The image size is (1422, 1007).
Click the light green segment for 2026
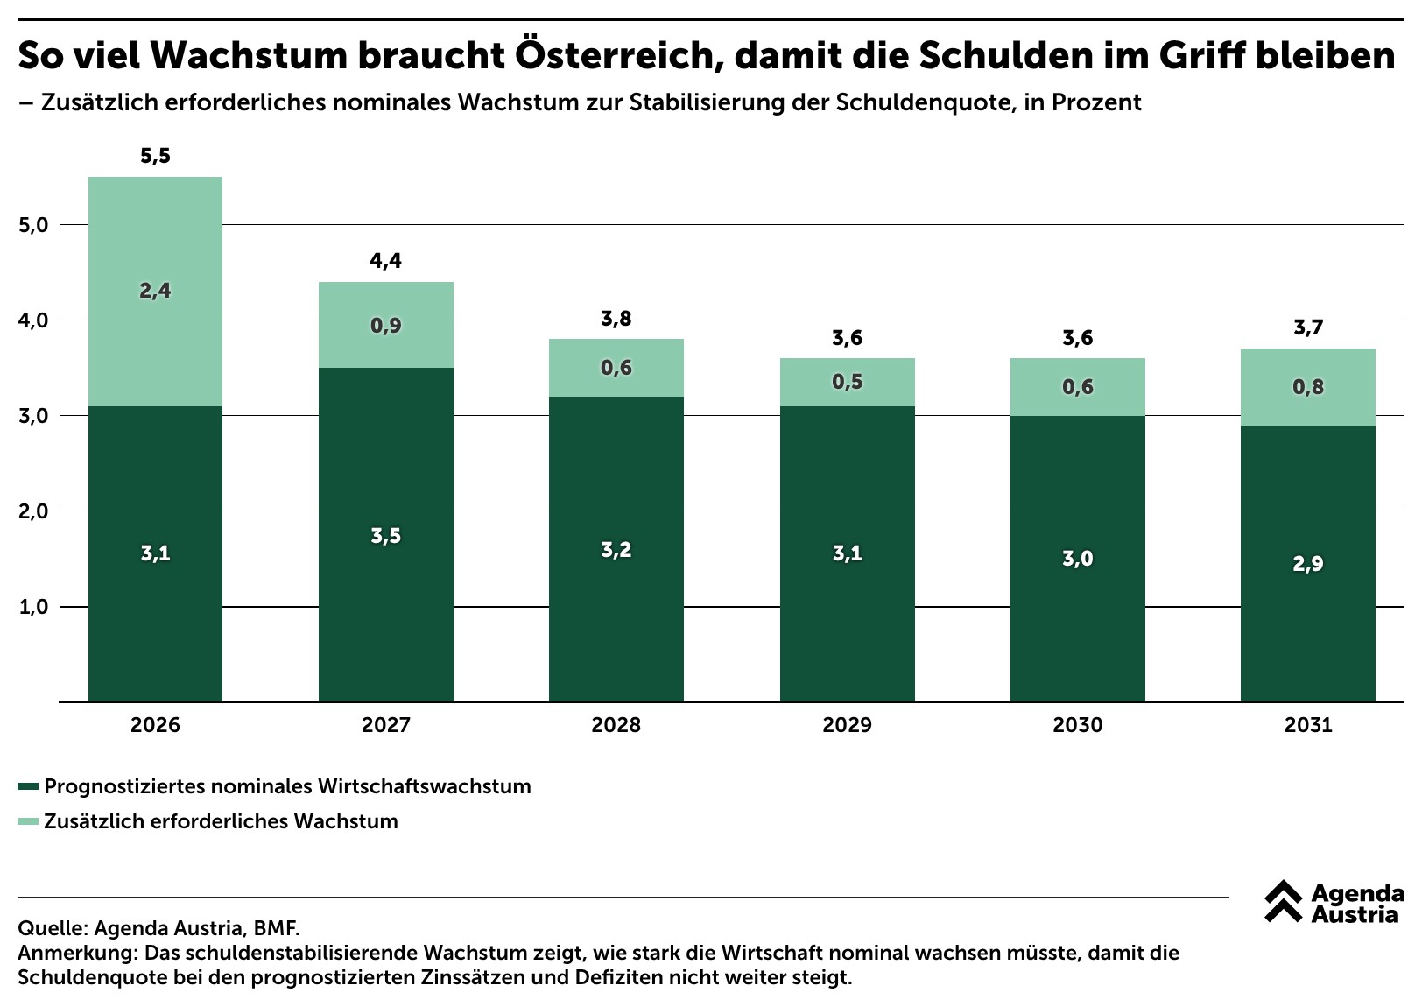click(155, 292)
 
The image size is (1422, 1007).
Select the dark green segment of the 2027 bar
click(386, 535)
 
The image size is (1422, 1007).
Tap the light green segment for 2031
click(1308, 387)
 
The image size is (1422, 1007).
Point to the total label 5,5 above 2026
click(156, 156)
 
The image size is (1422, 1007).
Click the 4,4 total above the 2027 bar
click(386, 261)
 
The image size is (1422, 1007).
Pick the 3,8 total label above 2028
click(616, 319)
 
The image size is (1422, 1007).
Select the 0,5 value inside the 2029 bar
click(848, 382)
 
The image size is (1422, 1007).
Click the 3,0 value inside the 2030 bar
click(1078, 559)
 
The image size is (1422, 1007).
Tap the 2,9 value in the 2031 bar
click(1308, 564)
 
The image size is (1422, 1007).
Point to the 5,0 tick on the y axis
click(33, 225)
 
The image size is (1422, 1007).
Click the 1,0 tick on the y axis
click(33, 607)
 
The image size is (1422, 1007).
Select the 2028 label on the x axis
click(616, 724)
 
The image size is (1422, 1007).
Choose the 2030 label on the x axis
click(1078, 724)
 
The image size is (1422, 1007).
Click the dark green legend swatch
click(29, 786)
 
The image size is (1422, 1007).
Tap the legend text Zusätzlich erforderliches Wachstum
click(221, 821)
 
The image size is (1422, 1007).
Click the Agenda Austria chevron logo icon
click(1283, 901)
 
